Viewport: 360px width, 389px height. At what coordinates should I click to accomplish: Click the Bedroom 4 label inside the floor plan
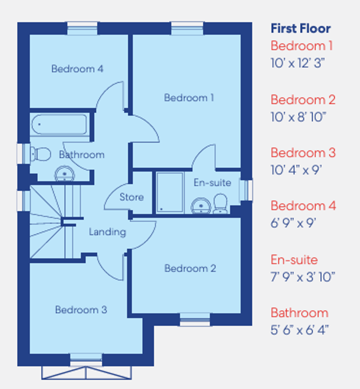coord(77,69)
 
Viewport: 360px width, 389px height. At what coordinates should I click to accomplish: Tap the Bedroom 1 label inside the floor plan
coord(189,97)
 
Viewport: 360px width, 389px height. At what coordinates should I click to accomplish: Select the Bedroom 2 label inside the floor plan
coord(190,268)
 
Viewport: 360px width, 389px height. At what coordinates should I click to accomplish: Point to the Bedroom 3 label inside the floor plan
coord(81,310)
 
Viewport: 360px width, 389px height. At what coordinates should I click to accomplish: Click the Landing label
coord(107,232)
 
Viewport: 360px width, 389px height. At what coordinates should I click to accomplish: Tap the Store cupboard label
coord(131,197)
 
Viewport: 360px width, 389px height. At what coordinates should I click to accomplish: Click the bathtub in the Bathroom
coord(60,124)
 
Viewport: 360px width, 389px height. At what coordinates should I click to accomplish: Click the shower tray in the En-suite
coord(170,192)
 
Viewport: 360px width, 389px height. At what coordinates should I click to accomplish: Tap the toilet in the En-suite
coord(220,204)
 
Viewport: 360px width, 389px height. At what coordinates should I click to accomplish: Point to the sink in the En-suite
coord(200,207)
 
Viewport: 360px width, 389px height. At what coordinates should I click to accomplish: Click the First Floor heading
coord(301,28)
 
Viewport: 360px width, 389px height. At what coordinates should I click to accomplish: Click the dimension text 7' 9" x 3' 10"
coord(303,276)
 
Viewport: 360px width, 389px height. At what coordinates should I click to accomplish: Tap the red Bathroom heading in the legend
coord(299,312)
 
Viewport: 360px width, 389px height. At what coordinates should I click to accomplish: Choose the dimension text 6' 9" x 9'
coord(294,223)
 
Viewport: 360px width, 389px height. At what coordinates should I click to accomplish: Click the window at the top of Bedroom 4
coord(82,28)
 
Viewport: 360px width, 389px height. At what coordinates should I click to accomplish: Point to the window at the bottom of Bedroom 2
coord(195,320)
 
